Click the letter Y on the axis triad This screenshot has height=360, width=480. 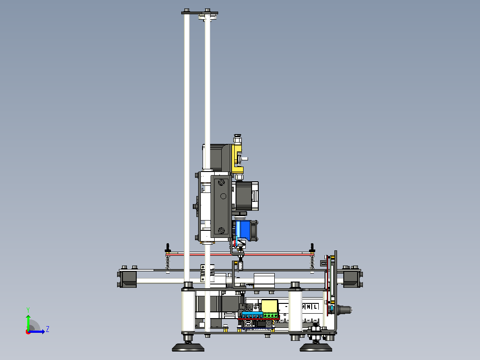tap(28, 310)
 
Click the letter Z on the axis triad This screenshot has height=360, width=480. tap(48, 329)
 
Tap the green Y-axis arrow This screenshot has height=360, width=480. tap(28, 322)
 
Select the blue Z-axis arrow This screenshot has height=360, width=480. tap(37, 331)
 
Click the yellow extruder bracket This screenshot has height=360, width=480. tap(237, 159)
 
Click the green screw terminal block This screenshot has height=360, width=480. tap(271, 315)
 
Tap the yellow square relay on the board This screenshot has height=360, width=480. tap(269, 306)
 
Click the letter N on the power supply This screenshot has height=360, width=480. tap(309, 307)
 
